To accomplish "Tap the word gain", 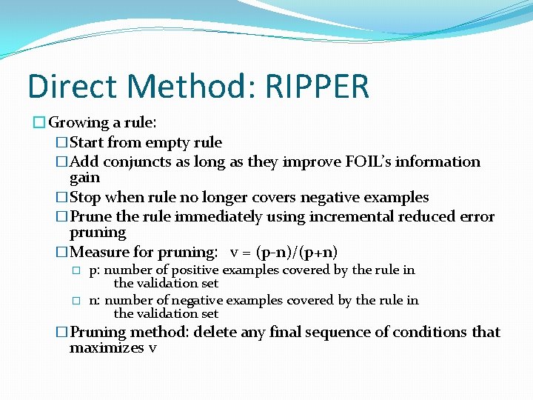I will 84,178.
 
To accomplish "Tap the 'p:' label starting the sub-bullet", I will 95,270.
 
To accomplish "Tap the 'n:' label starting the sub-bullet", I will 95,300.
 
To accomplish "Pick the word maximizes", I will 107,348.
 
